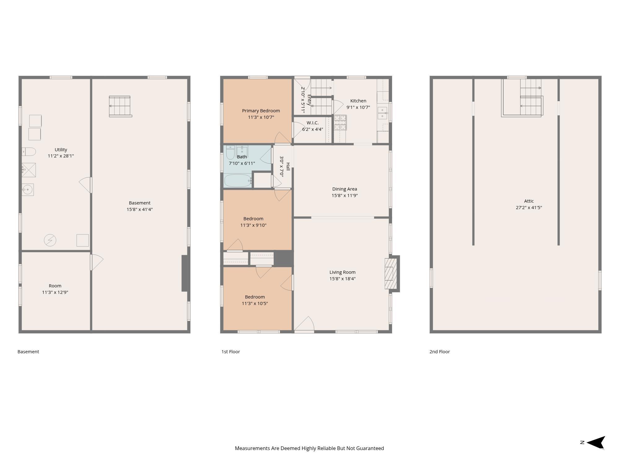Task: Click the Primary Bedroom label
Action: [261, 111]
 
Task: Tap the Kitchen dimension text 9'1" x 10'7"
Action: [358, 107]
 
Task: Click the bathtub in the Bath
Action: [238, 181]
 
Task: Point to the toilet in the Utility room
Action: [29, 152]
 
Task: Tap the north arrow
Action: [595, 443]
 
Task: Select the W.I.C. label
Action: [313, 123]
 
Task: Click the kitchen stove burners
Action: [340, 122]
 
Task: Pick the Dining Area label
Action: [344, 189]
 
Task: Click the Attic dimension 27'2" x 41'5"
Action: [529, 208]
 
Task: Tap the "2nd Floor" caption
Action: [439, 352]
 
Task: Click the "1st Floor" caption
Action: [231, 352]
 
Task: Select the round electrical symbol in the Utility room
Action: [50, 240]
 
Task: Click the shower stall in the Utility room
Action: [29, 170]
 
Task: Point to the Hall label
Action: [288, 167]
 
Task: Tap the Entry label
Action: [309, 100]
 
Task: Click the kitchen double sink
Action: [383, 113]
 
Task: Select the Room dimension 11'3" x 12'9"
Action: [55, 292]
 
